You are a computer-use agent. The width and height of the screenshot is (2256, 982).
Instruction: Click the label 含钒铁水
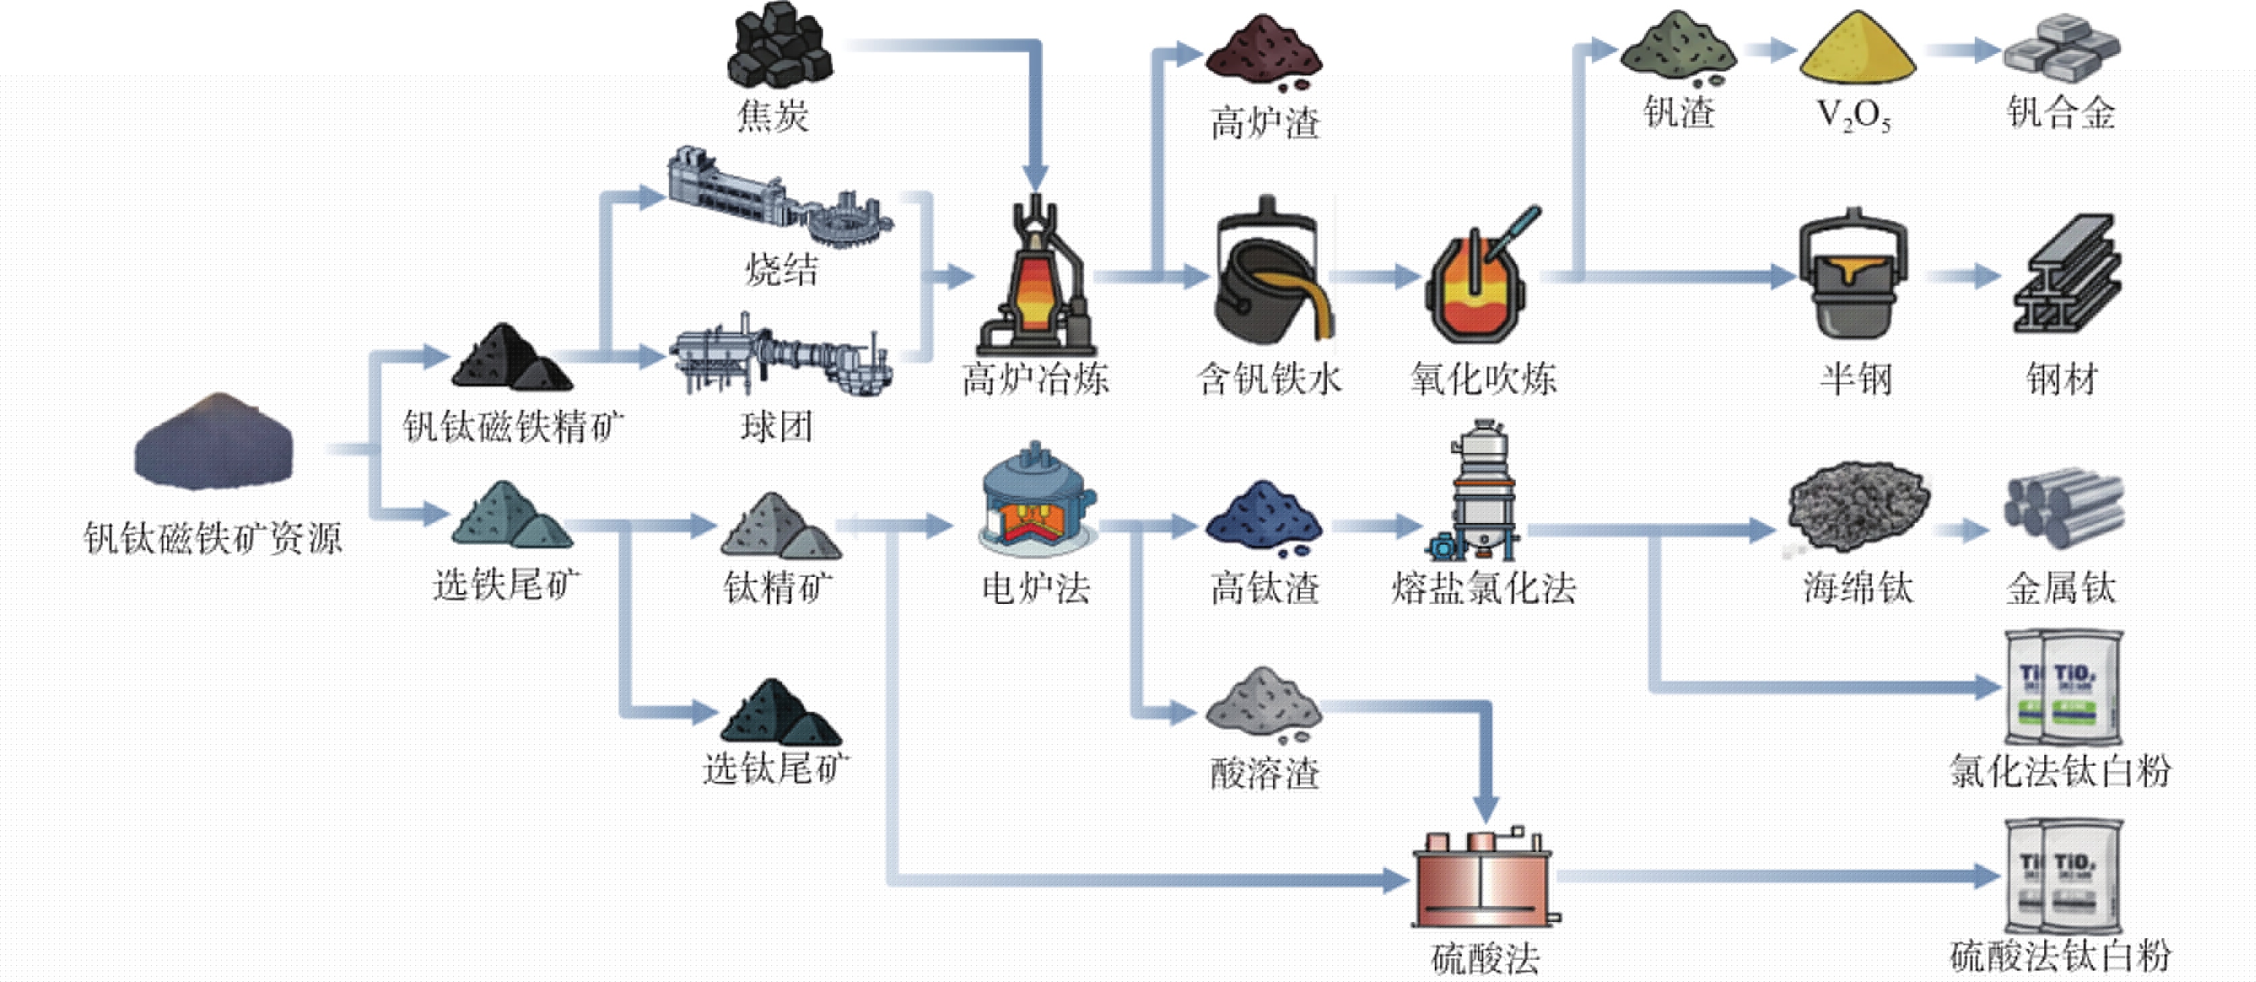point(1269,379)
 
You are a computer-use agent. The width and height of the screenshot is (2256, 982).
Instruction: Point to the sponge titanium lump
point(1858,508)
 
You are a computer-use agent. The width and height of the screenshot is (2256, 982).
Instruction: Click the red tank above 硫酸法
point(1483,879)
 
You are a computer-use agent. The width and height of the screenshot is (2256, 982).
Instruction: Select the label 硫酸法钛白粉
point(2060,956)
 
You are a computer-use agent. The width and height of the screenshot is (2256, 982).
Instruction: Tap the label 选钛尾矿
point(776,768)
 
